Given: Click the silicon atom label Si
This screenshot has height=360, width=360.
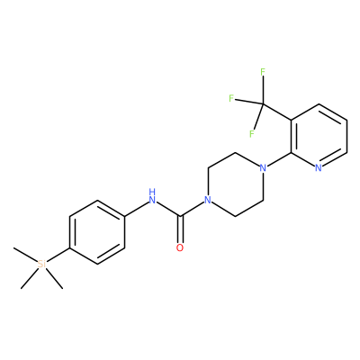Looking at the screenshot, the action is coord(41,265).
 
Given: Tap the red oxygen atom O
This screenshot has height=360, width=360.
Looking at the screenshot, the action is coord(180,247).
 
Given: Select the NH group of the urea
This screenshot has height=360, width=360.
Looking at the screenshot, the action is coord(152,196).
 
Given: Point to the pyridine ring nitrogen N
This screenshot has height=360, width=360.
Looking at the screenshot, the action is coord(319,167).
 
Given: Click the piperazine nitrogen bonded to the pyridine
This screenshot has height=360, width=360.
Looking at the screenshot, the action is coord(263,167).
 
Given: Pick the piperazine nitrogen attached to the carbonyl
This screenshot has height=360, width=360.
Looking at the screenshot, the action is coord(207,200).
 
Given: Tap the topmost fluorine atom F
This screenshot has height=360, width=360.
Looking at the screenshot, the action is coord(263,72).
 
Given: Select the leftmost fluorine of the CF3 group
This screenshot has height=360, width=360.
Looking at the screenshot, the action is coord(231,98).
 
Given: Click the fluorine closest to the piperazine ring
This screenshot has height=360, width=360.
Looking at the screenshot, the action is coord(252,133).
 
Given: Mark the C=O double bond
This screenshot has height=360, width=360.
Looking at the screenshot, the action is coord(180,229).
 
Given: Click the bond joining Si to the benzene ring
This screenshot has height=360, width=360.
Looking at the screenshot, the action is coord(58,255).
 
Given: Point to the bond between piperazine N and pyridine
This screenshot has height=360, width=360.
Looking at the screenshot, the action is coord(279,159).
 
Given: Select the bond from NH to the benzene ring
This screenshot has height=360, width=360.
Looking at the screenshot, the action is coord(137,208).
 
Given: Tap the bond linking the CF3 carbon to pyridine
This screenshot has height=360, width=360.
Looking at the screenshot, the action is coord(277,112).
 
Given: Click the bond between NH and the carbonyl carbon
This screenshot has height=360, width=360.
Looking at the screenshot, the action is coord(168,209).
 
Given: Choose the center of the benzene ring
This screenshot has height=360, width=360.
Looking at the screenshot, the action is coord(97,232).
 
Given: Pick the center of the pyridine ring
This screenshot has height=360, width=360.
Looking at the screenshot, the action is coord(319,136).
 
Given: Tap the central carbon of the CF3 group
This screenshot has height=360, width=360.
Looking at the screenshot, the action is coord(263,103).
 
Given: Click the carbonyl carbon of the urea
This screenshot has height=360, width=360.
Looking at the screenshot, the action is coord(180,216).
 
